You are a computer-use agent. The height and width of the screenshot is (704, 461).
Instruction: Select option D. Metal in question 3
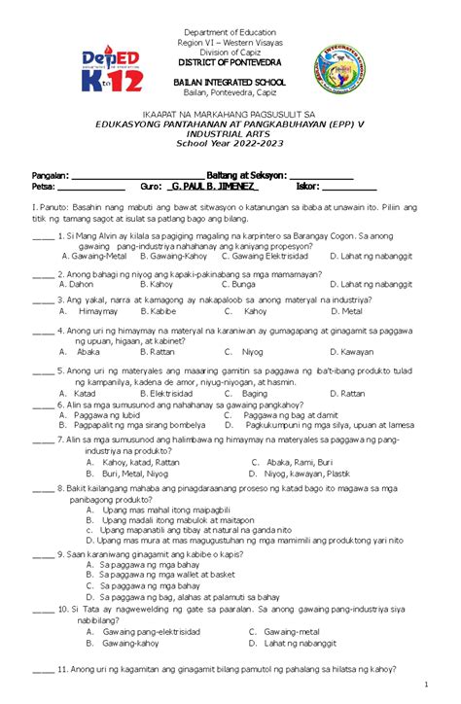346,312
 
